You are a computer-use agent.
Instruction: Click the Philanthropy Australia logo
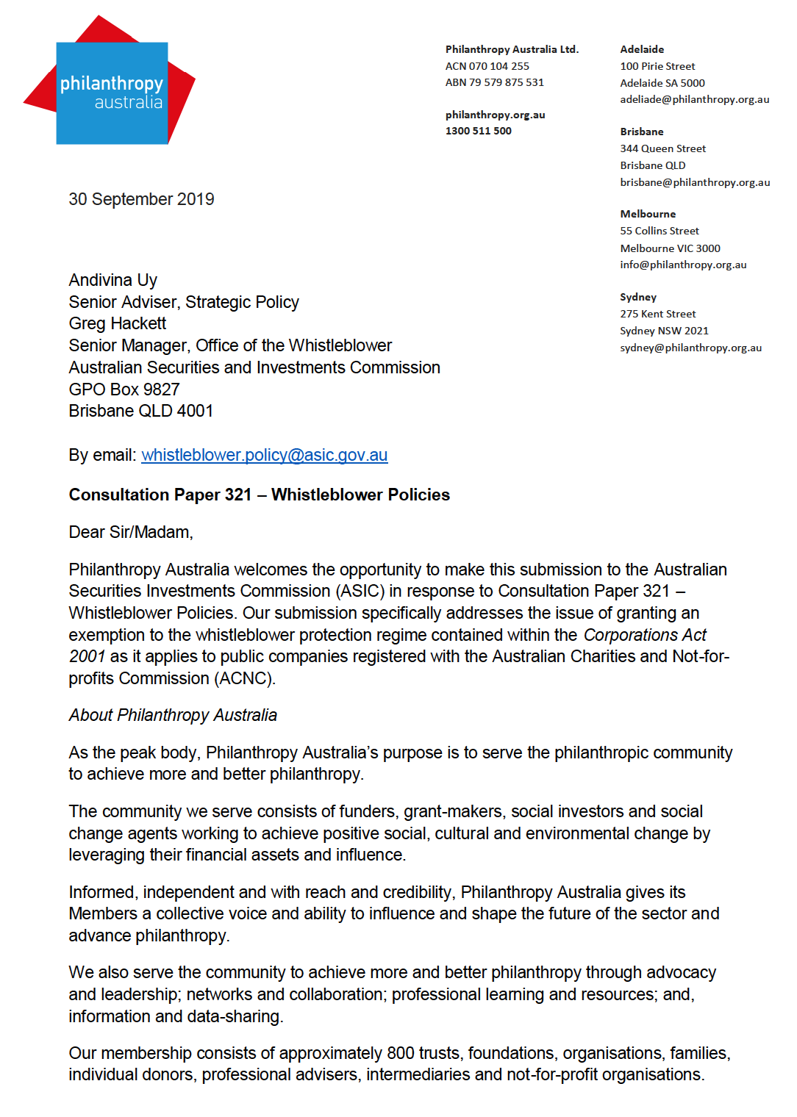tap(112, 93)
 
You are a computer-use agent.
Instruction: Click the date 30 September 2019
tap(141, 199)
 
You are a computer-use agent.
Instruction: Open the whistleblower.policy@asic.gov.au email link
tap(264, 455)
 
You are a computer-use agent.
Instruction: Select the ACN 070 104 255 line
tap(487, 66)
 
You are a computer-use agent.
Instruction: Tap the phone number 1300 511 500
tap(478, 131)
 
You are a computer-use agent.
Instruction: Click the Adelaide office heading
tap(641, 49)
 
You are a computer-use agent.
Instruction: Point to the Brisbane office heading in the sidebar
tap(641, 132)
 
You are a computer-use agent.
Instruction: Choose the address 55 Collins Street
tap(659, 231)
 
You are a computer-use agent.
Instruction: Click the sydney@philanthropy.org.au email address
tap(690, 348)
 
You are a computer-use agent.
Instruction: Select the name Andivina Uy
tap(112, 280)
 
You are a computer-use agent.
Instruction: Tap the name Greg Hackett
tap(117, 323)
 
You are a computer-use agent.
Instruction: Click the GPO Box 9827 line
tap(124, 389)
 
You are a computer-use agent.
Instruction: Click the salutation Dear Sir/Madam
tap(130, 532)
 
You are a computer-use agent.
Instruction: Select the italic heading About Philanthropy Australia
tap(173, 715)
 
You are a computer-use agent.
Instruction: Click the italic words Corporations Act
tap(644, 635)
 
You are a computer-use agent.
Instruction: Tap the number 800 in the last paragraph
tap(401, 1053)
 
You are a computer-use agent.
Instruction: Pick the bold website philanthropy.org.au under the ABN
tap(495, 115)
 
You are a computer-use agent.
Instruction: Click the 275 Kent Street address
tap(657, 314)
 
